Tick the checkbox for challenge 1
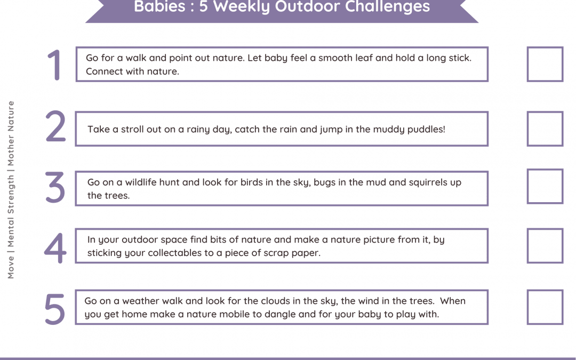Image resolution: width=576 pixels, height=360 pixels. click(x=545, y=64)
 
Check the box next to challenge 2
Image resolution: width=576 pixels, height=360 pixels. click(x=545, y=129)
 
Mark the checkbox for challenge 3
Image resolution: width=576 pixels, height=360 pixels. click(x=545, y=186)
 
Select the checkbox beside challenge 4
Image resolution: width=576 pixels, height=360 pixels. click(x=545, y=246)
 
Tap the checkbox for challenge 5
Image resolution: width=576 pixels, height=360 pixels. click(x=545, y=307)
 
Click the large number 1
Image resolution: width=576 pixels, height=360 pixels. click(x=55, y=65)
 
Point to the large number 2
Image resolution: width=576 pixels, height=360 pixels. click(x=55, y=127)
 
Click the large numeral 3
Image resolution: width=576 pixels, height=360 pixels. click(x=55, y=188)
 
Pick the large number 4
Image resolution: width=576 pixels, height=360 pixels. click(x=55, y=247)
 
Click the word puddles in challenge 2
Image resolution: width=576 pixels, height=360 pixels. click(x=427, y=130)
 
